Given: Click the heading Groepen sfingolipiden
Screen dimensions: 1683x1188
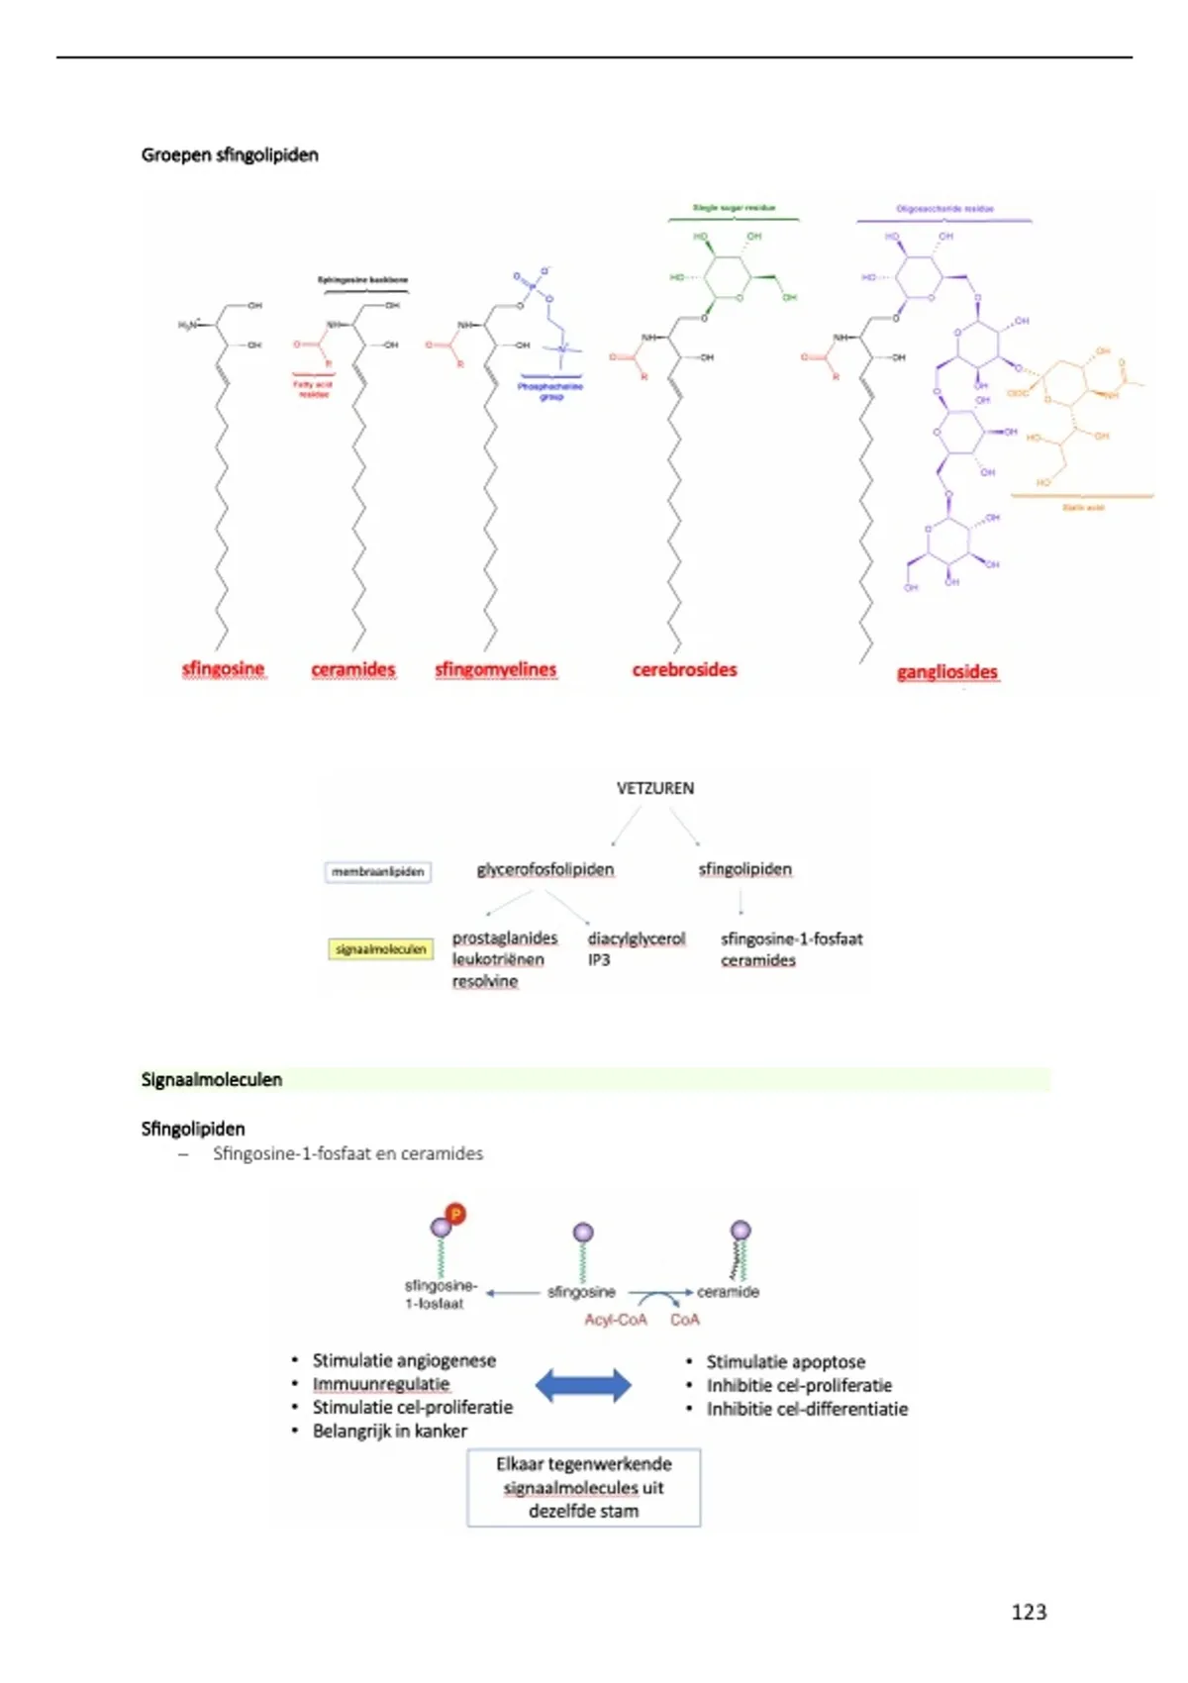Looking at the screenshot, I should pyautogui.click(x=230, y=154).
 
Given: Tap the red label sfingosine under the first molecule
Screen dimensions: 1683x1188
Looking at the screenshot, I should pyautogui.click(x=223, y=668).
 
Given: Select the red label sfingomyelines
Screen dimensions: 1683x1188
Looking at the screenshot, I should pyautogui.click(x=495, y=669).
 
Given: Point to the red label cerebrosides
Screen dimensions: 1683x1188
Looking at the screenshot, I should pyautogui.click(x=684, y=669).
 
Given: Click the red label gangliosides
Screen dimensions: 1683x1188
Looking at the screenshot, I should pyautogui.click(x=946, y=672).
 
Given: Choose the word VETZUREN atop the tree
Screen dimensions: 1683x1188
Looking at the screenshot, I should pyautogui.click(x=654, y=788).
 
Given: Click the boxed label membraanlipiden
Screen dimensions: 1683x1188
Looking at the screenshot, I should pyautogui.click(x=377, y=872).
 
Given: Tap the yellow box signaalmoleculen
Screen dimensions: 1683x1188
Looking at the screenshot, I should pyautogui.click(x=380, y=949).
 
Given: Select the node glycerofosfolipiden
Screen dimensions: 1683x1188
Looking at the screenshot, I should pyautogui.click(x=544, y=869).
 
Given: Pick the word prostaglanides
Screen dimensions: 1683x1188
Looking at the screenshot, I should pyautogui.click(x=504, y=938).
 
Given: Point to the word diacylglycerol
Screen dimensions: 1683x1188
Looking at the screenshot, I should pyautogui.click(x=636, y=938).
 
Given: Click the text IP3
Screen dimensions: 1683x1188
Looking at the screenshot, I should pyautogui.click(x=599, y=960).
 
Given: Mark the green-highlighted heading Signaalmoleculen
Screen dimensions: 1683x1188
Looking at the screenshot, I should pyautogui.click(x=212, y=1079).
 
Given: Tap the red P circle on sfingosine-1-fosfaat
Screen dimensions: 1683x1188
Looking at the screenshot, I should pyautogui.click(x=455, y=1214).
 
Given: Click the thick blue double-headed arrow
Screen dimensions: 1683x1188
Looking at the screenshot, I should pyautogui.click(x=583, y=1385).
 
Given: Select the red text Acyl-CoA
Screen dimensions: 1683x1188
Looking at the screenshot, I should pyautogui.click(x=615, y=1320).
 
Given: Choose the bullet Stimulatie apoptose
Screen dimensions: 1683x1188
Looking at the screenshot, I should pyautogui.click(x=785, y=1362).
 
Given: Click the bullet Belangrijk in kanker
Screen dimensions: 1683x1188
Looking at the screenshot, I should pyautogui.click(x=389, y=1431).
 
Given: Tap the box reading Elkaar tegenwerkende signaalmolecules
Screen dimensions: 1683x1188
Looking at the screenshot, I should pyautogui.click(x=583, y=1487).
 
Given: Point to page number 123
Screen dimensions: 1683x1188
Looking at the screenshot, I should pyautogui.click(x=1029, y=1612).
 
